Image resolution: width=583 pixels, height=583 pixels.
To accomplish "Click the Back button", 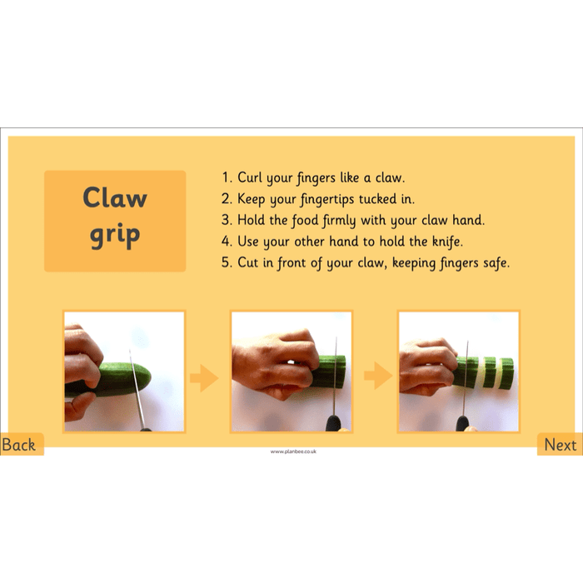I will point(19,445).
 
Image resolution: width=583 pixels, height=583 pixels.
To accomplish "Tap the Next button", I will point(560,445).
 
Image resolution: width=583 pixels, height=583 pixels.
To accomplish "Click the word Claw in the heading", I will point(115,198).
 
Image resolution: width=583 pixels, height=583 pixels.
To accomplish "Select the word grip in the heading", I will point(115,236).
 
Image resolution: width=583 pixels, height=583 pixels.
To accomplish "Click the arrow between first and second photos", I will point(203,379).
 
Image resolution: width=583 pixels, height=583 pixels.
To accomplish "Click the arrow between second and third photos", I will point(378,379).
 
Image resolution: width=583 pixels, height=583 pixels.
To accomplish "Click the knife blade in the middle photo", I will point(335,371).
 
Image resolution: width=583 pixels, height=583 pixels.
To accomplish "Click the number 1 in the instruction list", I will point(225,177).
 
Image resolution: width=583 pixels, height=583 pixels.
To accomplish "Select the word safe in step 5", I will point(492,262).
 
